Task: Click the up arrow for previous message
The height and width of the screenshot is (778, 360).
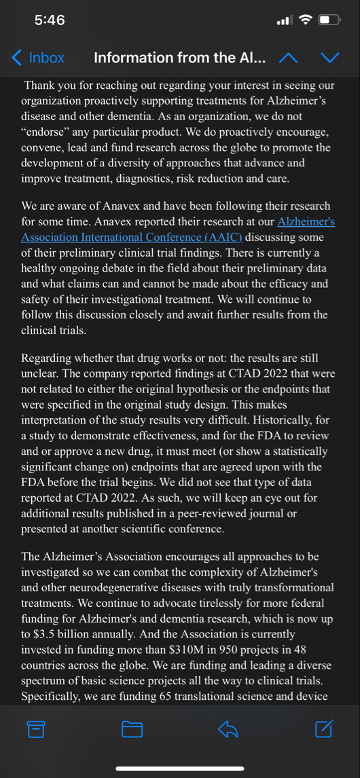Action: (x=288, y=58)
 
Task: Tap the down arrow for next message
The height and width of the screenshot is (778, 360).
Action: (x=329, y=58)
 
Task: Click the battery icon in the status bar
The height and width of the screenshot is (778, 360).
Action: (x=329, y=20)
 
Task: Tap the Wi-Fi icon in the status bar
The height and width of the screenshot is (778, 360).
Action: (x=304, y=20)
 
